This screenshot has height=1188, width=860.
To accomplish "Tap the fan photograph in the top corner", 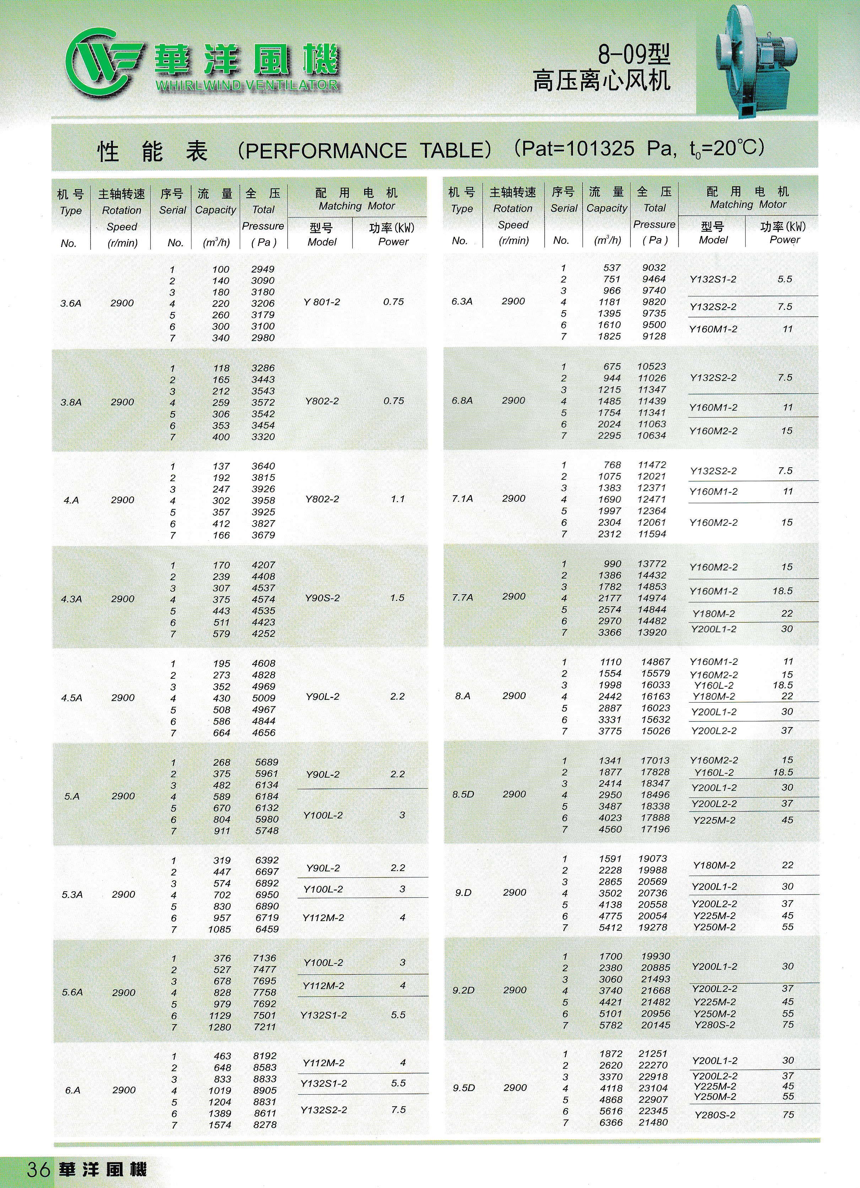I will tap(757, 58).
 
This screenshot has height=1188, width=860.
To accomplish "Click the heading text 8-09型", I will tap(634, 54).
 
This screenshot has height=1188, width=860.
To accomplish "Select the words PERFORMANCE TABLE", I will tap(364, 151).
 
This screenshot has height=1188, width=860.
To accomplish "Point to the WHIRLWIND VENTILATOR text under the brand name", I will tap(247, 85).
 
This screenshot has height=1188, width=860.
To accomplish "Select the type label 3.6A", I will tap(71, 303).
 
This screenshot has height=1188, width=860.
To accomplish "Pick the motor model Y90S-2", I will tap(322, 598).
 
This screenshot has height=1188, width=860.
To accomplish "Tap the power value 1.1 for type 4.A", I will tap(397, 499).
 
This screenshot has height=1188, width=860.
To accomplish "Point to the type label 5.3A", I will tap(72, 895).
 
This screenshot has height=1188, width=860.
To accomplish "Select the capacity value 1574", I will tap(220, 1125).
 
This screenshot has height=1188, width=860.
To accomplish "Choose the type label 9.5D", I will tap(464, 1088).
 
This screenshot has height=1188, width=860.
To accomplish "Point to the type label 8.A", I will tap(463, 697).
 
